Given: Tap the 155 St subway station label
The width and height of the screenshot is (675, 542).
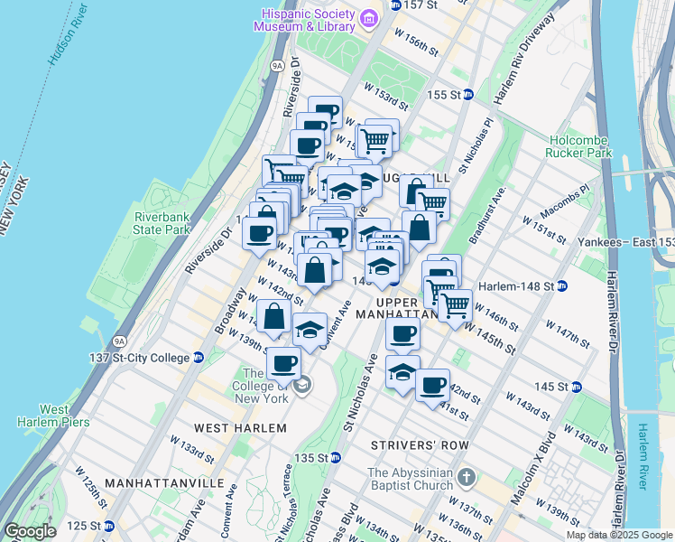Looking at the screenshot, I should [449, 95].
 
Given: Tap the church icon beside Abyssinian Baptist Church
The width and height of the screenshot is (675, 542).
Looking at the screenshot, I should [466, 476].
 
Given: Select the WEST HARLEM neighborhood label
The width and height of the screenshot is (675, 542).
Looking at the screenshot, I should [234, 426].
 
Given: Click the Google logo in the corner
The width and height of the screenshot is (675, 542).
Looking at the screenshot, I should [29, 531].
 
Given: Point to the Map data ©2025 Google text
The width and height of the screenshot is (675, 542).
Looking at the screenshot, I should [618, 535].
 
